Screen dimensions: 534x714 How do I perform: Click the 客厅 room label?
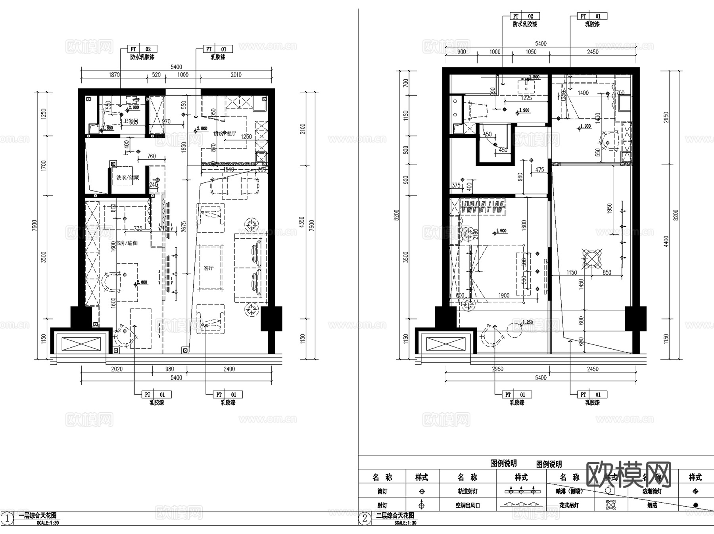point(209,268)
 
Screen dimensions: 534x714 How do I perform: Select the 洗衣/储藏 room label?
point(128,178)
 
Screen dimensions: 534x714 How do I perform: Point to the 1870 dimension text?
point(114,75)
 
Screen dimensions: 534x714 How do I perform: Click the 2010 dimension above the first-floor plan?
point(236,75)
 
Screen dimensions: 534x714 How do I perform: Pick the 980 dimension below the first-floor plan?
point(169,369)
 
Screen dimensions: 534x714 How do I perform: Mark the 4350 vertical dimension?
point(301,222)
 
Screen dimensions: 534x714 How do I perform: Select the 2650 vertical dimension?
point(666,117)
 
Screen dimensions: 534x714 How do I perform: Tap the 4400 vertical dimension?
point(666,241)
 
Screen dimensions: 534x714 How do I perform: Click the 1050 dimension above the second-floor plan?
point(531,52)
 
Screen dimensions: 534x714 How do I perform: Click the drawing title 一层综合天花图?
point(38,515)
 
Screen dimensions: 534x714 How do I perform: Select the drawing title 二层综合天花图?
point(395,515)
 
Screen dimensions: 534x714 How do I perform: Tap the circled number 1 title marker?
point(7,518)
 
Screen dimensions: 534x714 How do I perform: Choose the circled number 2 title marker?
point(365,518)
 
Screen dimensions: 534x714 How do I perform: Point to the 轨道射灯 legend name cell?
point(468,491)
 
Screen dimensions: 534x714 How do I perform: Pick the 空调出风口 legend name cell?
point(468,505)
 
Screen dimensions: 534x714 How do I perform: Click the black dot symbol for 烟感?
point(695,505)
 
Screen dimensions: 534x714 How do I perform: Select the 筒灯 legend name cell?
point(382,491)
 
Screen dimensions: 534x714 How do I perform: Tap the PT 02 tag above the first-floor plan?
point(141,49)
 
